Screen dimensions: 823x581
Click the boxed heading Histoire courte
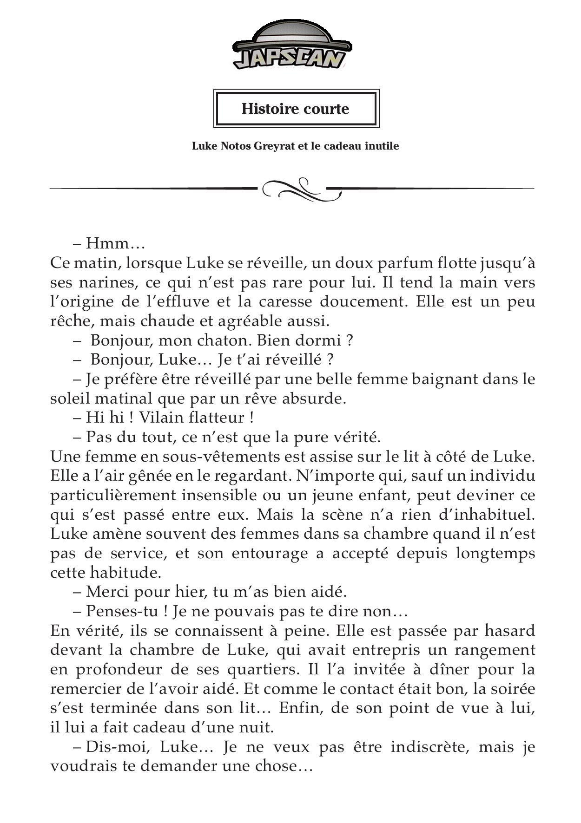(x=295, y=109)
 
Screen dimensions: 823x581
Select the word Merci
(x=107, y=592)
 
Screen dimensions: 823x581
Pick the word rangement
(x=495, y=650)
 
